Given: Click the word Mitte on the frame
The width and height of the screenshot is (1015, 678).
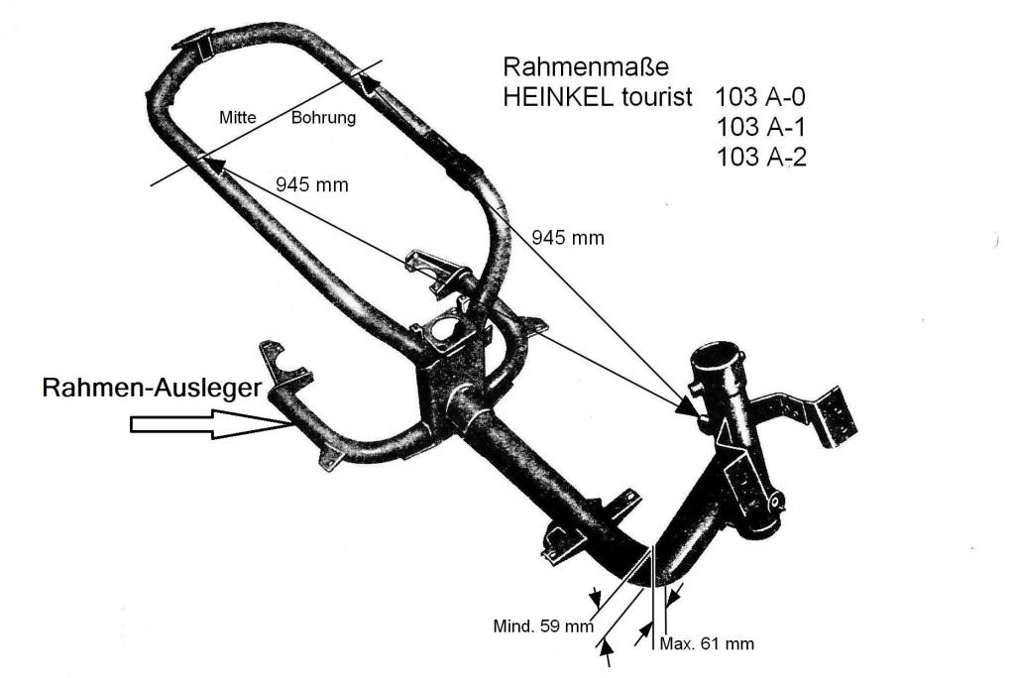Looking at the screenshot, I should (x=237, y=118).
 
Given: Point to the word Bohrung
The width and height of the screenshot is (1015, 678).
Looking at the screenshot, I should (x=323, y=118).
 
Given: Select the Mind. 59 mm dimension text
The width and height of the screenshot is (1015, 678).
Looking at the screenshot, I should (x=542, y=625).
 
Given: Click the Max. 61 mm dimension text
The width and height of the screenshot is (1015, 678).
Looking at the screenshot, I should (x=707, y=643).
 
